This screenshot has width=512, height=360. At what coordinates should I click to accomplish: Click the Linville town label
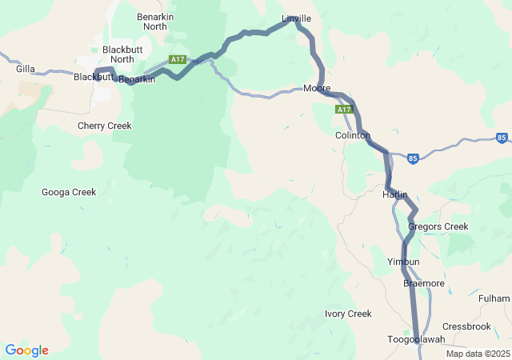(297, 18)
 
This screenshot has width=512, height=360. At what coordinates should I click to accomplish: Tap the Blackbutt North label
(122, 54)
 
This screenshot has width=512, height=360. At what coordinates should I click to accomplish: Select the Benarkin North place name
(152, 22)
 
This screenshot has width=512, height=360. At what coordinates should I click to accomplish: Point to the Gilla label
(25, 70)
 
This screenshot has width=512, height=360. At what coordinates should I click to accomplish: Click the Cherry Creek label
(104, 126)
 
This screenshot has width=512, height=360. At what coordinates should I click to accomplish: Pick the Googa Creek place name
(69, 192)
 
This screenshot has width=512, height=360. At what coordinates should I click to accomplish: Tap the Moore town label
(317, 88)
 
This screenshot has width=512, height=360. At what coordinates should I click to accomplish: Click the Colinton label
(352, 136)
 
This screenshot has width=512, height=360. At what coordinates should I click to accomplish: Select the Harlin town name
(395, 195)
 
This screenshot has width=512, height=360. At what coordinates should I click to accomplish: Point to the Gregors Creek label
(438, 226)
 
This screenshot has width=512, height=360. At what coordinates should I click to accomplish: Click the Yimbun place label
(403, 262)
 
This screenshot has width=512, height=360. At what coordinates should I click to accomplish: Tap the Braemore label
(424, 283)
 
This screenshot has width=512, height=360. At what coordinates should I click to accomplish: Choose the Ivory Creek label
(348, 314)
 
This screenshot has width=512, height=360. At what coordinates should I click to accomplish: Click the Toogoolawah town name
(416, 339)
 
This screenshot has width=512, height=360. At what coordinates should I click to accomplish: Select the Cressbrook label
(466, 326)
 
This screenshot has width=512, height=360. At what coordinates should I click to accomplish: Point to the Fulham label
(494, 298)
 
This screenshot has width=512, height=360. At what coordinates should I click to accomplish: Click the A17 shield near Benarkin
(178, 60)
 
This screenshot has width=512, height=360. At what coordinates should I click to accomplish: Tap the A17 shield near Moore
(343, 109)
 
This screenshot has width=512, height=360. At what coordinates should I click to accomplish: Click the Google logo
(27, 350)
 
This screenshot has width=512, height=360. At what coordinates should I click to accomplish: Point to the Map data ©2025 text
(478, 354)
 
